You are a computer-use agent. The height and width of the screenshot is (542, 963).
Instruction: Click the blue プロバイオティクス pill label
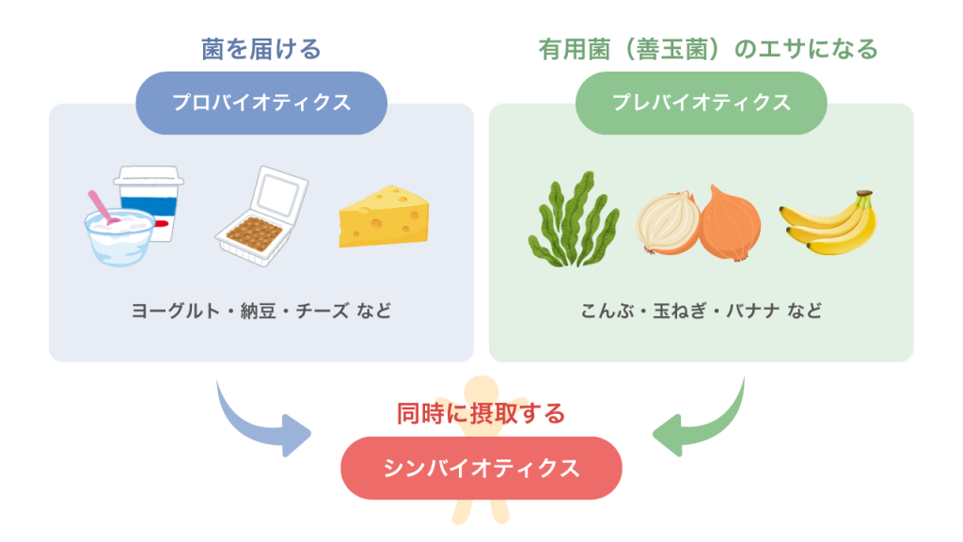[x=261, y=103]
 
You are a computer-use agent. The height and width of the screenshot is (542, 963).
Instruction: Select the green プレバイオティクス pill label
[x=701, y=103]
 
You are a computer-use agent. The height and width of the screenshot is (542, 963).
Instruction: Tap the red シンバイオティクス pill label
[x=481, y=469]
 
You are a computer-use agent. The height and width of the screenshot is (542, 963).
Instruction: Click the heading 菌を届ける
[x=261, y=49]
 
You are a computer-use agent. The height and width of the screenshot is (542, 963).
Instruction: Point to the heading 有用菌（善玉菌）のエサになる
[x=708, y=49]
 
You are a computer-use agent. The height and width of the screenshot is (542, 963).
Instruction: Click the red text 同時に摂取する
[x=481, y=414]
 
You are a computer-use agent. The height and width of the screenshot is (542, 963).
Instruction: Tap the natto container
[x=261, y=215]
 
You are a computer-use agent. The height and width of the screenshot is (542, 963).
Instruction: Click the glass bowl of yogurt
[x=119, y=236]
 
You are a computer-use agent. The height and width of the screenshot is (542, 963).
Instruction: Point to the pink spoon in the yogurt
[x=103, y=207]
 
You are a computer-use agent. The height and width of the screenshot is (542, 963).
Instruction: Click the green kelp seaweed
[x=574, y=220]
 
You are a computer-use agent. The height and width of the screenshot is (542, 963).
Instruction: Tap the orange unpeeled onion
[x=730, y=223]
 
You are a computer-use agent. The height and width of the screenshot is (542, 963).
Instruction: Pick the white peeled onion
[x=667, y=222]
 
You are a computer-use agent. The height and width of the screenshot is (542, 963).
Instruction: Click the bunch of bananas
[x=829, y=223]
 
